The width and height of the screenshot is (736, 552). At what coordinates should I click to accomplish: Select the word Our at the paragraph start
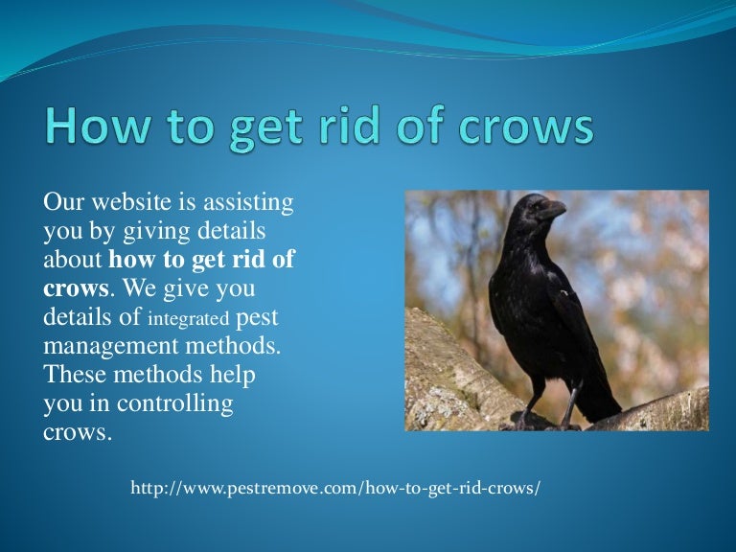[x=60, y=204]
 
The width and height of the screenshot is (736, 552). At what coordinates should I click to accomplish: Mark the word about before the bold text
[x=74, y=260]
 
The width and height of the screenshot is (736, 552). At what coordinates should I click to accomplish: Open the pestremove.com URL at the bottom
[x=335, y=489]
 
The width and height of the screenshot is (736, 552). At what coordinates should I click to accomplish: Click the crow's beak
[x=553, y=209]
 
